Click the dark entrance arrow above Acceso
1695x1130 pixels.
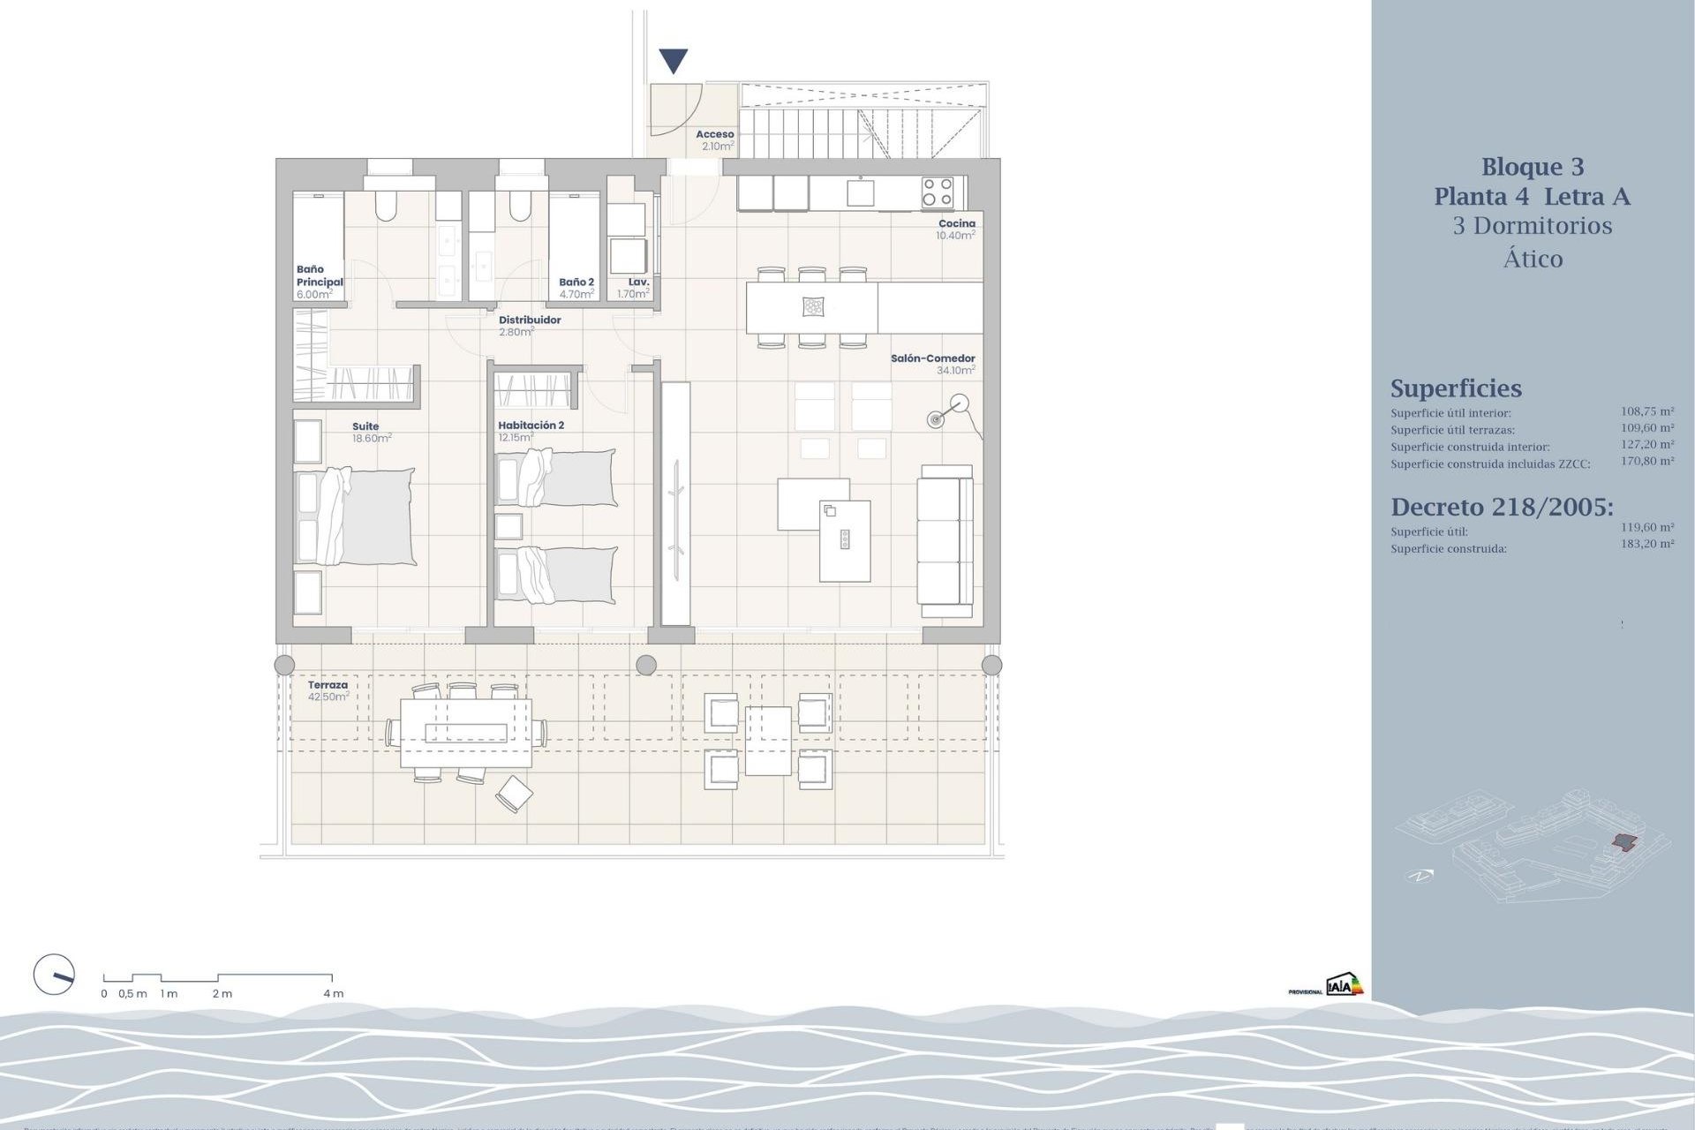[674, 61]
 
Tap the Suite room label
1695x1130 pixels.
[365, 426]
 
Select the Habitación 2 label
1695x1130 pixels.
[531, 426]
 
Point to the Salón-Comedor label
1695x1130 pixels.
[932, 358]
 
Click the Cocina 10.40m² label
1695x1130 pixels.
[956, 230]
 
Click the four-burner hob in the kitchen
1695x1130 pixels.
[937, 192]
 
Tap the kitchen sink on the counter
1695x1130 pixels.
[861, 192]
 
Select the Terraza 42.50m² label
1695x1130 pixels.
[328, 690]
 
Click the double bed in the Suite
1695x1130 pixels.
[366, 516]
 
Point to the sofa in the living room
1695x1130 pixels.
[945, 540]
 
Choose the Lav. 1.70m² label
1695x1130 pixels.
[635, 288]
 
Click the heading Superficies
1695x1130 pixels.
[1456, 388]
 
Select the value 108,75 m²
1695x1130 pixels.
[1646, 411]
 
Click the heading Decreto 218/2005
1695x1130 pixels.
[1502, 507]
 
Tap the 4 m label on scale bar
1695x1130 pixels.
[333, 993]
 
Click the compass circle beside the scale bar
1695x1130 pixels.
[54, 975]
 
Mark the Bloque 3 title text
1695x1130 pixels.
[1532, 167]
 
